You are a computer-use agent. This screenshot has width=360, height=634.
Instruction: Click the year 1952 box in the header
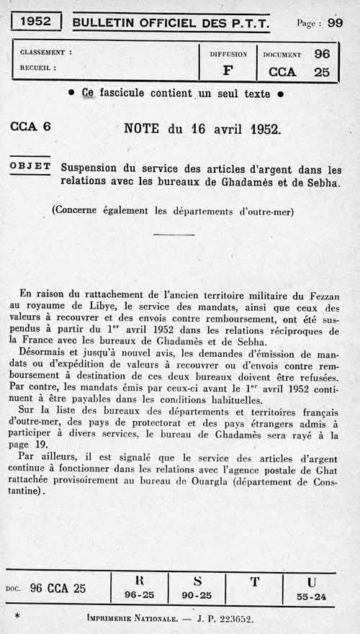tap(35, 22)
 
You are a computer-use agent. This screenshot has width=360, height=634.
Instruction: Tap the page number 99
tap(335, 22)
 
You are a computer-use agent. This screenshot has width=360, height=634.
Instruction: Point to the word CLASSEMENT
tap(46, 53)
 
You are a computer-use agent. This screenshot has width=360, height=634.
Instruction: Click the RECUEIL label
tap(39, 69)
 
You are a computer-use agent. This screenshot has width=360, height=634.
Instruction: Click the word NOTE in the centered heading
tap(144, 130)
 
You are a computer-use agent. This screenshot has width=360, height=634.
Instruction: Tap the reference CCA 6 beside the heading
tap(31, 127)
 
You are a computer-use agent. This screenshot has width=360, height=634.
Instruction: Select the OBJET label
tap(30, 166)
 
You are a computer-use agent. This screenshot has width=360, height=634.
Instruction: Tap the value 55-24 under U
tap(310, 597)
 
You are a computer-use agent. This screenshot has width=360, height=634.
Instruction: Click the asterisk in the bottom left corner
tap(17, 617)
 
